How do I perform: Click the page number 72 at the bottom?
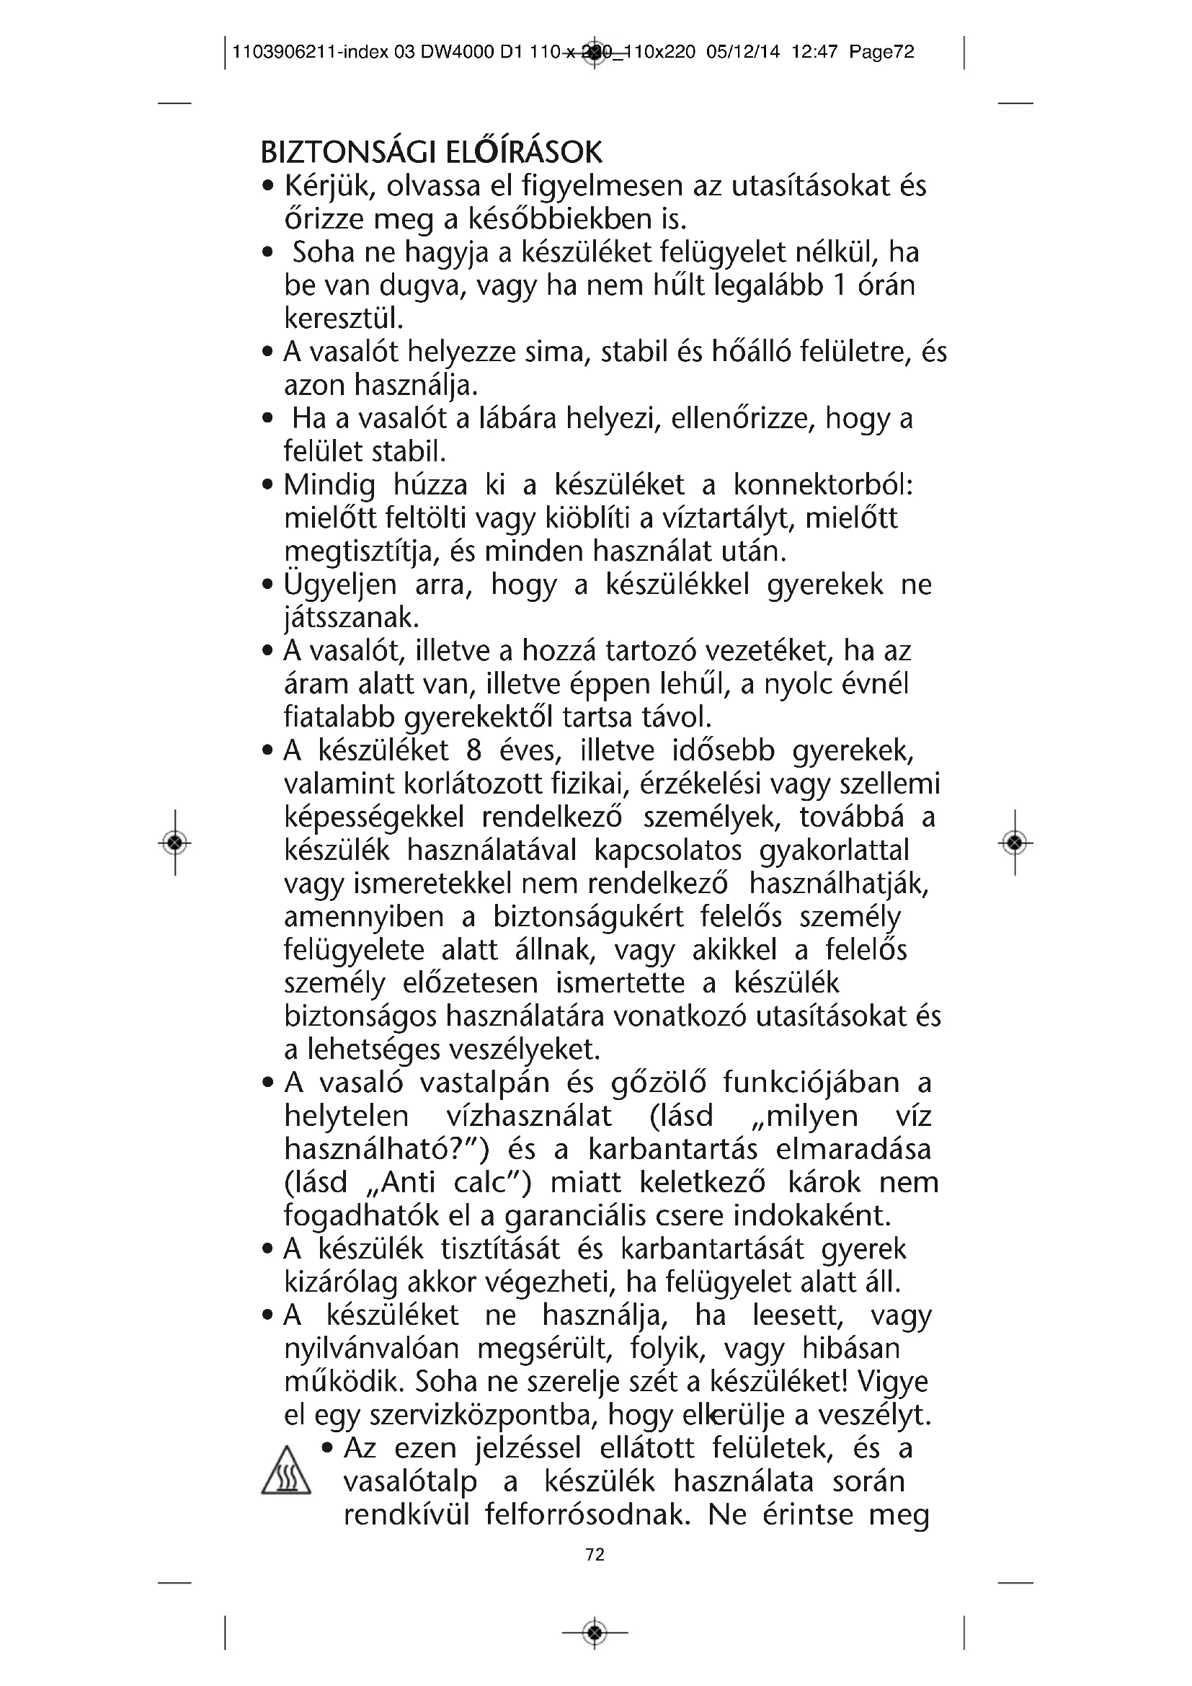(x=595, y=1555)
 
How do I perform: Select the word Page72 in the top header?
(x=881, y=52)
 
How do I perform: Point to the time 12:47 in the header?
(x=815, y=52)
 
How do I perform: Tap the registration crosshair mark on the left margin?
(x=174, y=842)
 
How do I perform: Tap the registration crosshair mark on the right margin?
(x=1015, y=842)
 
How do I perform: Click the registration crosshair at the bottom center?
(x=595, y=1633)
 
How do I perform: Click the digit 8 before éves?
(x=473, y=750)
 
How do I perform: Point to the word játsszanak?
(x=351, y=618)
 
